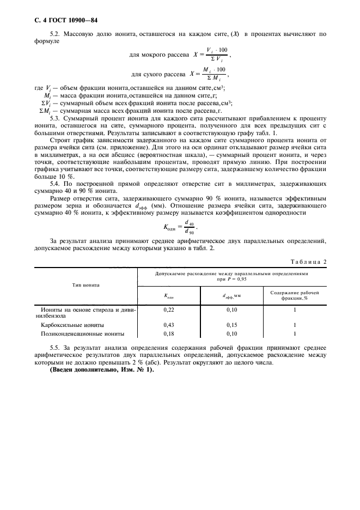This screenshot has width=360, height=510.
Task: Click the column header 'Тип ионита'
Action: pos(85,285)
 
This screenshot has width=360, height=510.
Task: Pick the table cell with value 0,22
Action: pos(169,309)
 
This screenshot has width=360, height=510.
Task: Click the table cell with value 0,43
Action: pos(169,324)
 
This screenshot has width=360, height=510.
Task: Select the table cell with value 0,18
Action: pos(169,333)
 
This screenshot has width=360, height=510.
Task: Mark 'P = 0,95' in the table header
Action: pos(236,278)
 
